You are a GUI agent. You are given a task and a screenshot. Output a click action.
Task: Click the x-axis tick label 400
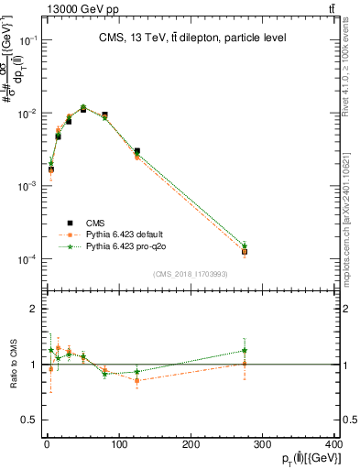coord(333,443)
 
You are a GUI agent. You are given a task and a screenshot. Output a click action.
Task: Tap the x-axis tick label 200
coord(190,443)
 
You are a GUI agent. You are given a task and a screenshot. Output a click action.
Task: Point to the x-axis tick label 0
coord(46,443)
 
